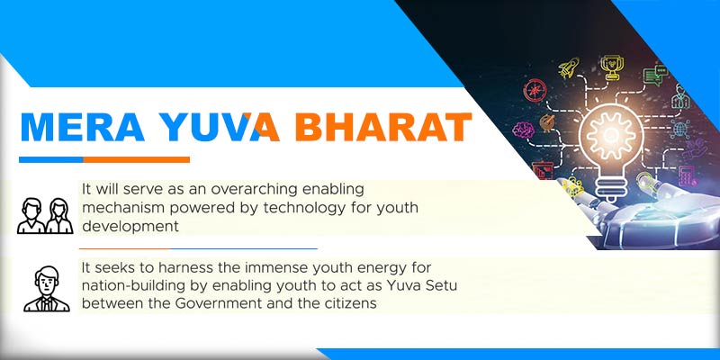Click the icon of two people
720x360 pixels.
point(44,215)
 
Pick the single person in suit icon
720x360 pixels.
point(46,288)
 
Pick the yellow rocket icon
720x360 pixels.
point(568,68)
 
